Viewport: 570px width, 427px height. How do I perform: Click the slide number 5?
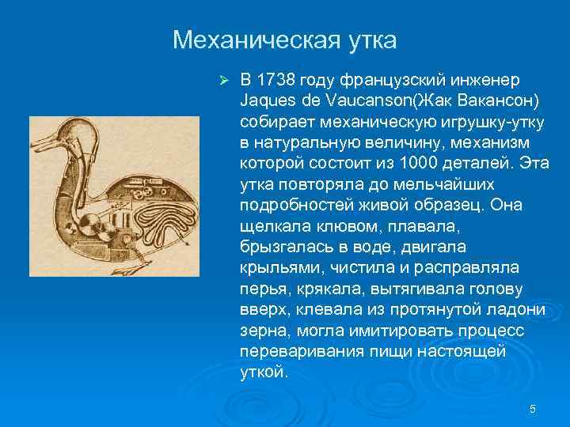click(532, 409)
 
